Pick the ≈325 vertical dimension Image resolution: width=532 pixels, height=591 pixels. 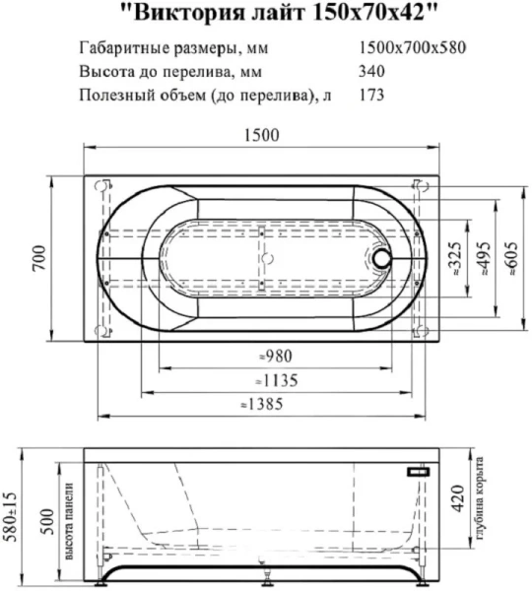pos(453,258)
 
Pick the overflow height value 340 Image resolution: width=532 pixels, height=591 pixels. pos(373,71)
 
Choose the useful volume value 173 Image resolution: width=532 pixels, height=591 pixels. pos(373,95)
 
